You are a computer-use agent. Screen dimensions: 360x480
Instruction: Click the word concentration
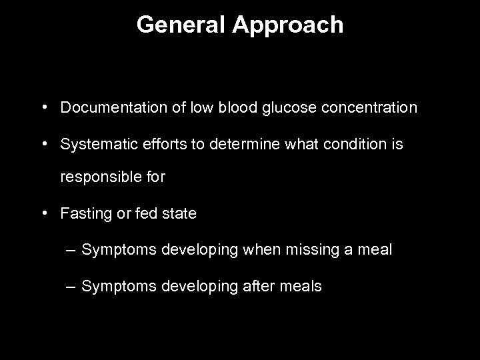pyautogui.click(x=364, y=107)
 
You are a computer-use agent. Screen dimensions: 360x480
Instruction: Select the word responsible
pyautogui.click(x=98, y=179)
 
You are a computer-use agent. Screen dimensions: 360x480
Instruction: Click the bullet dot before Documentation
pyautogui.click(x=43, y=107)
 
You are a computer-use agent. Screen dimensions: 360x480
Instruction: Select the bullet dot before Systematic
pyautogui.click(x=43, y=143)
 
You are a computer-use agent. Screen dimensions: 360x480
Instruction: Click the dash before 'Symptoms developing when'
pyautogui.click(x=71, y=251)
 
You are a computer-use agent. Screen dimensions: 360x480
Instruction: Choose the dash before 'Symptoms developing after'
pyautogui.click(x=71, y=287)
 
